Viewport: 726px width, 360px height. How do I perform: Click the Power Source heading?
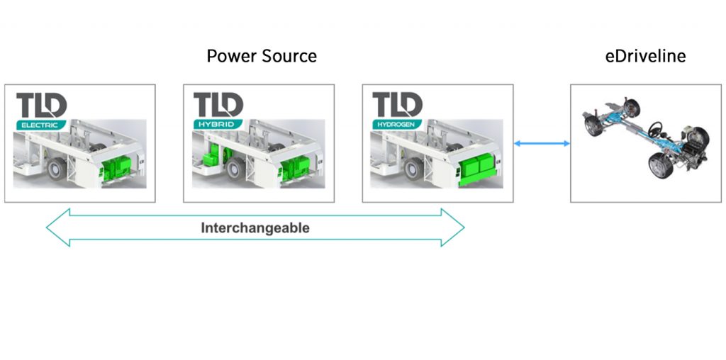coord(261,56)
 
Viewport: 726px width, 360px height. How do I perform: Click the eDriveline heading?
coord(644,56)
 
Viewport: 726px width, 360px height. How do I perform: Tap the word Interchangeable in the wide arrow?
coord(255,228)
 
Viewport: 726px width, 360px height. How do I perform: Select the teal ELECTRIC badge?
coord(40,125)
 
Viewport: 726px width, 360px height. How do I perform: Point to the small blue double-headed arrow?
coord(542,144)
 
